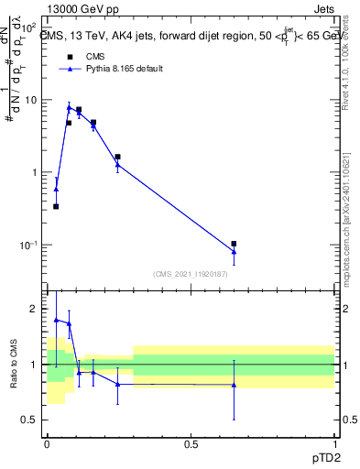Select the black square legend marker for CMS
click(x=69, y=57)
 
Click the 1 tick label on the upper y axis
click(x=35, y=172)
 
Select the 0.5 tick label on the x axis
click(x=191, y=443)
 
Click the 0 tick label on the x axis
click(x=47, y=443)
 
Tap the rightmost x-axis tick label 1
click(x=334, y=443)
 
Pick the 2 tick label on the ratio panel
click(x=35, y=309)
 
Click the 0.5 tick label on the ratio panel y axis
click(x=29, y=420)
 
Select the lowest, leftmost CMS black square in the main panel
click(x=56, y=206)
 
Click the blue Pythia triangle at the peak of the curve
click(x=69, y=107)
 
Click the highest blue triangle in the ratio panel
click(x=56, y=320)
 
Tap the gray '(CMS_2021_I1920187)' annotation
click(x=191, y=273)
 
